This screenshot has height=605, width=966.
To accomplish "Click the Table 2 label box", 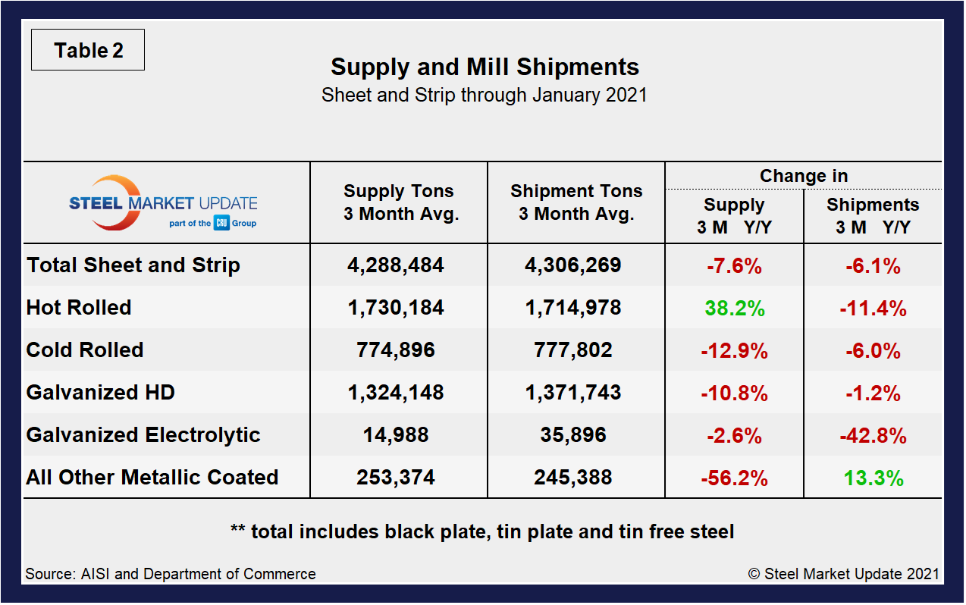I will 88,51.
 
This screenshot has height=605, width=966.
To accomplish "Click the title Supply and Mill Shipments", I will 485,67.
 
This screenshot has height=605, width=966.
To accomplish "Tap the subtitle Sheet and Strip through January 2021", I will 484,96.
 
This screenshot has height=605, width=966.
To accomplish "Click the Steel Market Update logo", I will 163,203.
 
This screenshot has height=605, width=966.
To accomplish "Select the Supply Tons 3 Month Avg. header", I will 398,202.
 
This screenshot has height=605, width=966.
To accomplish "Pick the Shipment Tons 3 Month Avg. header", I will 576,202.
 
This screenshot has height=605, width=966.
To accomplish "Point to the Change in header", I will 803,176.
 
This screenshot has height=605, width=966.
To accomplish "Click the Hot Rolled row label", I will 79,308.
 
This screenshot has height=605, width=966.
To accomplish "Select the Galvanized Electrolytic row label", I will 143,435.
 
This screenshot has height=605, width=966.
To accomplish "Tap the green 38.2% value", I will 734,309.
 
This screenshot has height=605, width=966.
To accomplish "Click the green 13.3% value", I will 873,478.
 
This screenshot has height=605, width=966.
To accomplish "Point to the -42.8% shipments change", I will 873,436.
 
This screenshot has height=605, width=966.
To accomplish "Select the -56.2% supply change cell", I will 734,478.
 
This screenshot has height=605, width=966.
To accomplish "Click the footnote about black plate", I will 482,531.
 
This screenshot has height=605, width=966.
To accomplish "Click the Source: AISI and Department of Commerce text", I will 171,574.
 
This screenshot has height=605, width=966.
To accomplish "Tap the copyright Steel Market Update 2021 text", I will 844,574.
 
